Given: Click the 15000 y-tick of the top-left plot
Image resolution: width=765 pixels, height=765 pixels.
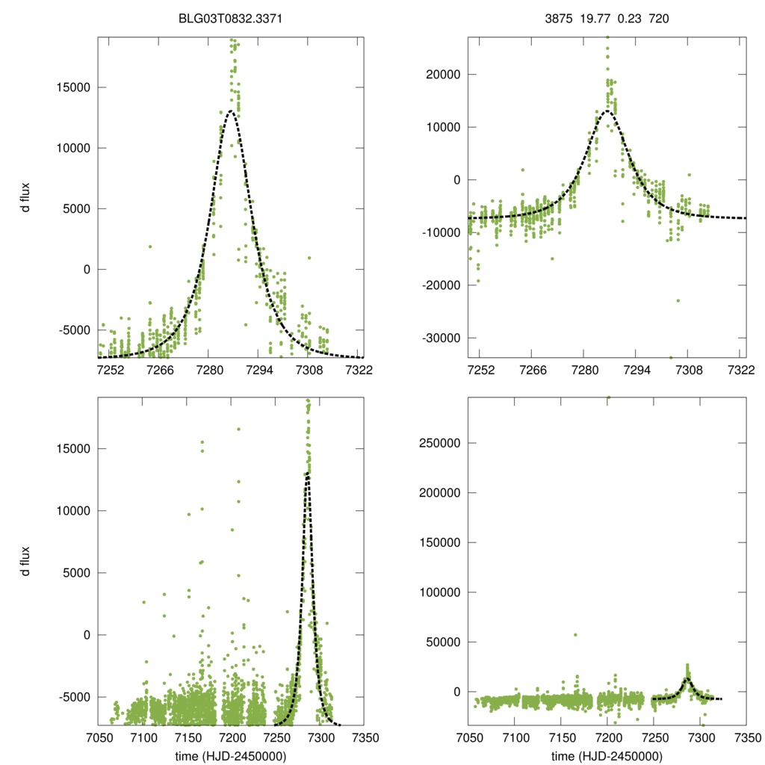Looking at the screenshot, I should (x=72, y=87).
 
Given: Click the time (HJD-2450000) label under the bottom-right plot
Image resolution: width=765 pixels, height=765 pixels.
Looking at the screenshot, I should (x=607, y=755).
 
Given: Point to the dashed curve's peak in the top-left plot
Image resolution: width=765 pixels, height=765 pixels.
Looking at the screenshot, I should (x=231, y=111).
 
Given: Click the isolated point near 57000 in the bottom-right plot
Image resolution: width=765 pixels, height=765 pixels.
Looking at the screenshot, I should (x=575, y=635).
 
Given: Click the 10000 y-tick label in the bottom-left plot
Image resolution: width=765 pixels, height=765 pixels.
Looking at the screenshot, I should (x=72, y=511).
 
